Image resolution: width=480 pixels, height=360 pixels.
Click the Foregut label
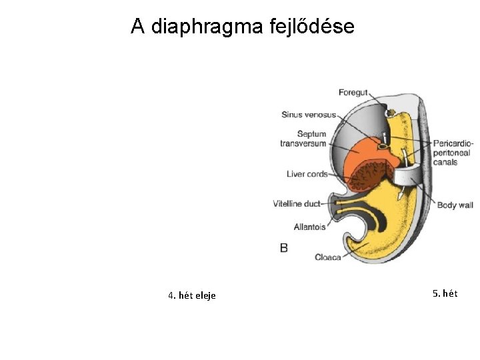(353, 93)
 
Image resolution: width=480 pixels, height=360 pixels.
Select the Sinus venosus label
(308, 115)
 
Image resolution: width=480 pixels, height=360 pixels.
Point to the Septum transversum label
(303, 139)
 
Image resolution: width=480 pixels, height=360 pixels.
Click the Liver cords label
(307, 174)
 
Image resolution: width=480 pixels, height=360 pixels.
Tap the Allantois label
(309, 227)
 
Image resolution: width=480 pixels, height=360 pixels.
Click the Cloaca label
(327, 257)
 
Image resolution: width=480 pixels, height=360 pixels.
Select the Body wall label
(455, 205)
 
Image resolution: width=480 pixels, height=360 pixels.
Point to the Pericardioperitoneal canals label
(453, 153)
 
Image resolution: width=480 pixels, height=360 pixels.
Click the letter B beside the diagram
(284, 248)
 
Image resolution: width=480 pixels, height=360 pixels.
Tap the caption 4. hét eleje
(192, 295)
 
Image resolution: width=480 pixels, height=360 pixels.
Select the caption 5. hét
(445, 293)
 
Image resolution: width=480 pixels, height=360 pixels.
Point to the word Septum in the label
(312, 134)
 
